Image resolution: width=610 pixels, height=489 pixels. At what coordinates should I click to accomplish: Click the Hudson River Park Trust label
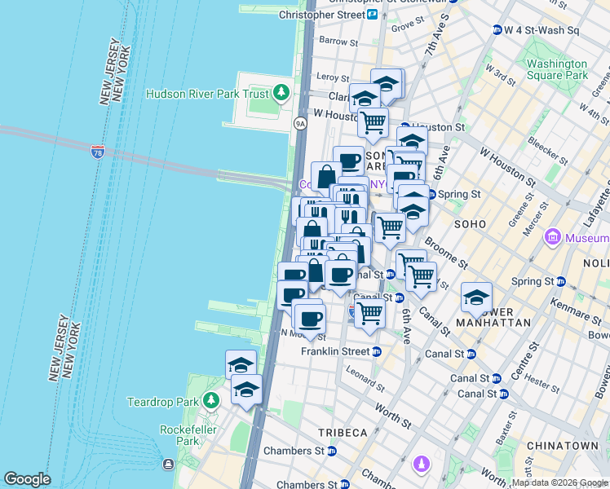pos(207,93)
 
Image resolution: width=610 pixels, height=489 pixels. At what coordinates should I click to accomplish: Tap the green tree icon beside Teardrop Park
pos(211,400)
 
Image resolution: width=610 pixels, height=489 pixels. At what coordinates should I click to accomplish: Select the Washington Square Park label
pos(557,69)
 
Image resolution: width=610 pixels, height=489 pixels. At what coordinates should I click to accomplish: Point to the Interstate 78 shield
pos(98,152)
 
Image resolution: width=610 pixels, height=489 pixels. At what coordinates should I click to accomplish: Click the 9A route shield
pos(299,123)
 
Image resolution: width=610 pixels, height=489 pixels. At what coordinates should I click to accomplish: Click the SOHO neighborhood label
pos(471,223)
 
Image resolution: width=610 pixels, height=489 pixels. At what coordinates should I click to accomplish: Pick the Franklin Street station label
pos(335,351)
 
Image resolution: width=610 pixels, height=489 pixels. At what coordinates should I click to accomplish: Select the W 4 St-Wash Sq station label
pos(541,31)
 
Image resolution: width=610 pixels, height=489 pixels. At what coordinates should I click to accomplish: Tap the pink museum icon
pos(553,238)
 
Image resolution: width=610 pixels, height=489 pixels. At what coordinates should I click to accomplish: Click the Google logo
pos(27,479)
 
